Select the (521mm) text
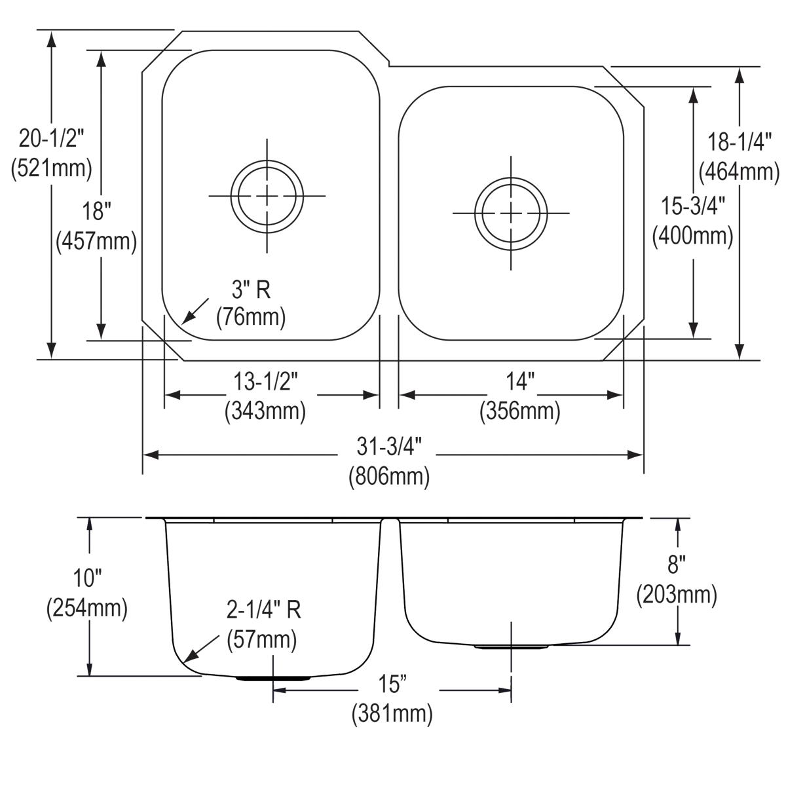[52, 168]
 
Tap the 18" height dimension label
[96, 212]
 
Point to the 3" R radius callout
[252, 289]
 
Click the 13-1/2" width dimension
[265, 381]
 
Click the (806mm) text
[389, 476]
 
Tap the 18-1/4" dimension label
[739, 142]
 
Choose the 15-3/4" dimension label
[693, 206]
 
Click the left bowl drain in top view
[267, 196]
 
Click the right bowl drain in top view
[511, 213]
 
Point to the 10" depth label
[86, 578]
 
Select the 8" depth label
[677, 564]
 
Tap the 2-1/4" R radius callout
[264, 610]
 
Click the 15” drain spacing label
[392, 684]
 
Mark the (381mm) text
[392, 713]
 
